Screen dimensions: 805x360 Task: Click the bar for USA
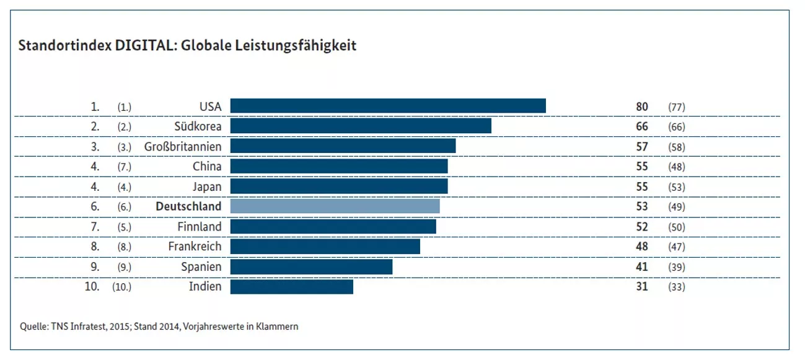[x=388, y=106]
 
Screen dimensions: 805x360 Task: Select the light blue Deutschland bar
[x=335, y=206]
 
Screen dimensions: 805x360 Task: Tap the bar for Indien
[x=292, y=287]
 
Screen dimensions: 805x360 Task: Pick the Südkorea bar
[x=361, y=126]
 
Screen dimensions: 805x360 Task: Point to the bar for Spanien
[x=311, y=267]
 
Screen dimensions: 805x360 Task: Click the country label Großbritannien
[x=183, y=147]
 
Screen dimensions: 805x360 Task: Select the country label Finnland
[x=200, y=227]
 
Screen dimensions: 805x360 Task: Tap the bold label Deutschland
[x=188, y=206]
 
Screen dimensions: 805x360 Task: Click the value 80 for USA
[x=642, y=107]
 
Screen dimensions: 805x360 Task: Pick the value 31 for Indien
[x=642, y=286]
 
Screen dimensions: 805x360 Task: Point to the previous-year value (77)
[x=677, y=107]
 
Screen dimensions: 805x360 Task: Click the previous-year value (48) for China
[x=677, y=167]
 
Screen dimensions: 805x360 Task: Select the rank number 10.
[x=92, y=286]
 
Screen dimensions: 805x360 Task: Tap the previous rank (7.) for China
[x=125, y=167]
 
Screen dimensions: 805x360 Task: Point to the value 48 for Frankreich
[x=642, y=247]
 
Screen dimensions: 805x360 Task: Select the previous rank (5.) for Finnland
[x=125, y=227]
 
